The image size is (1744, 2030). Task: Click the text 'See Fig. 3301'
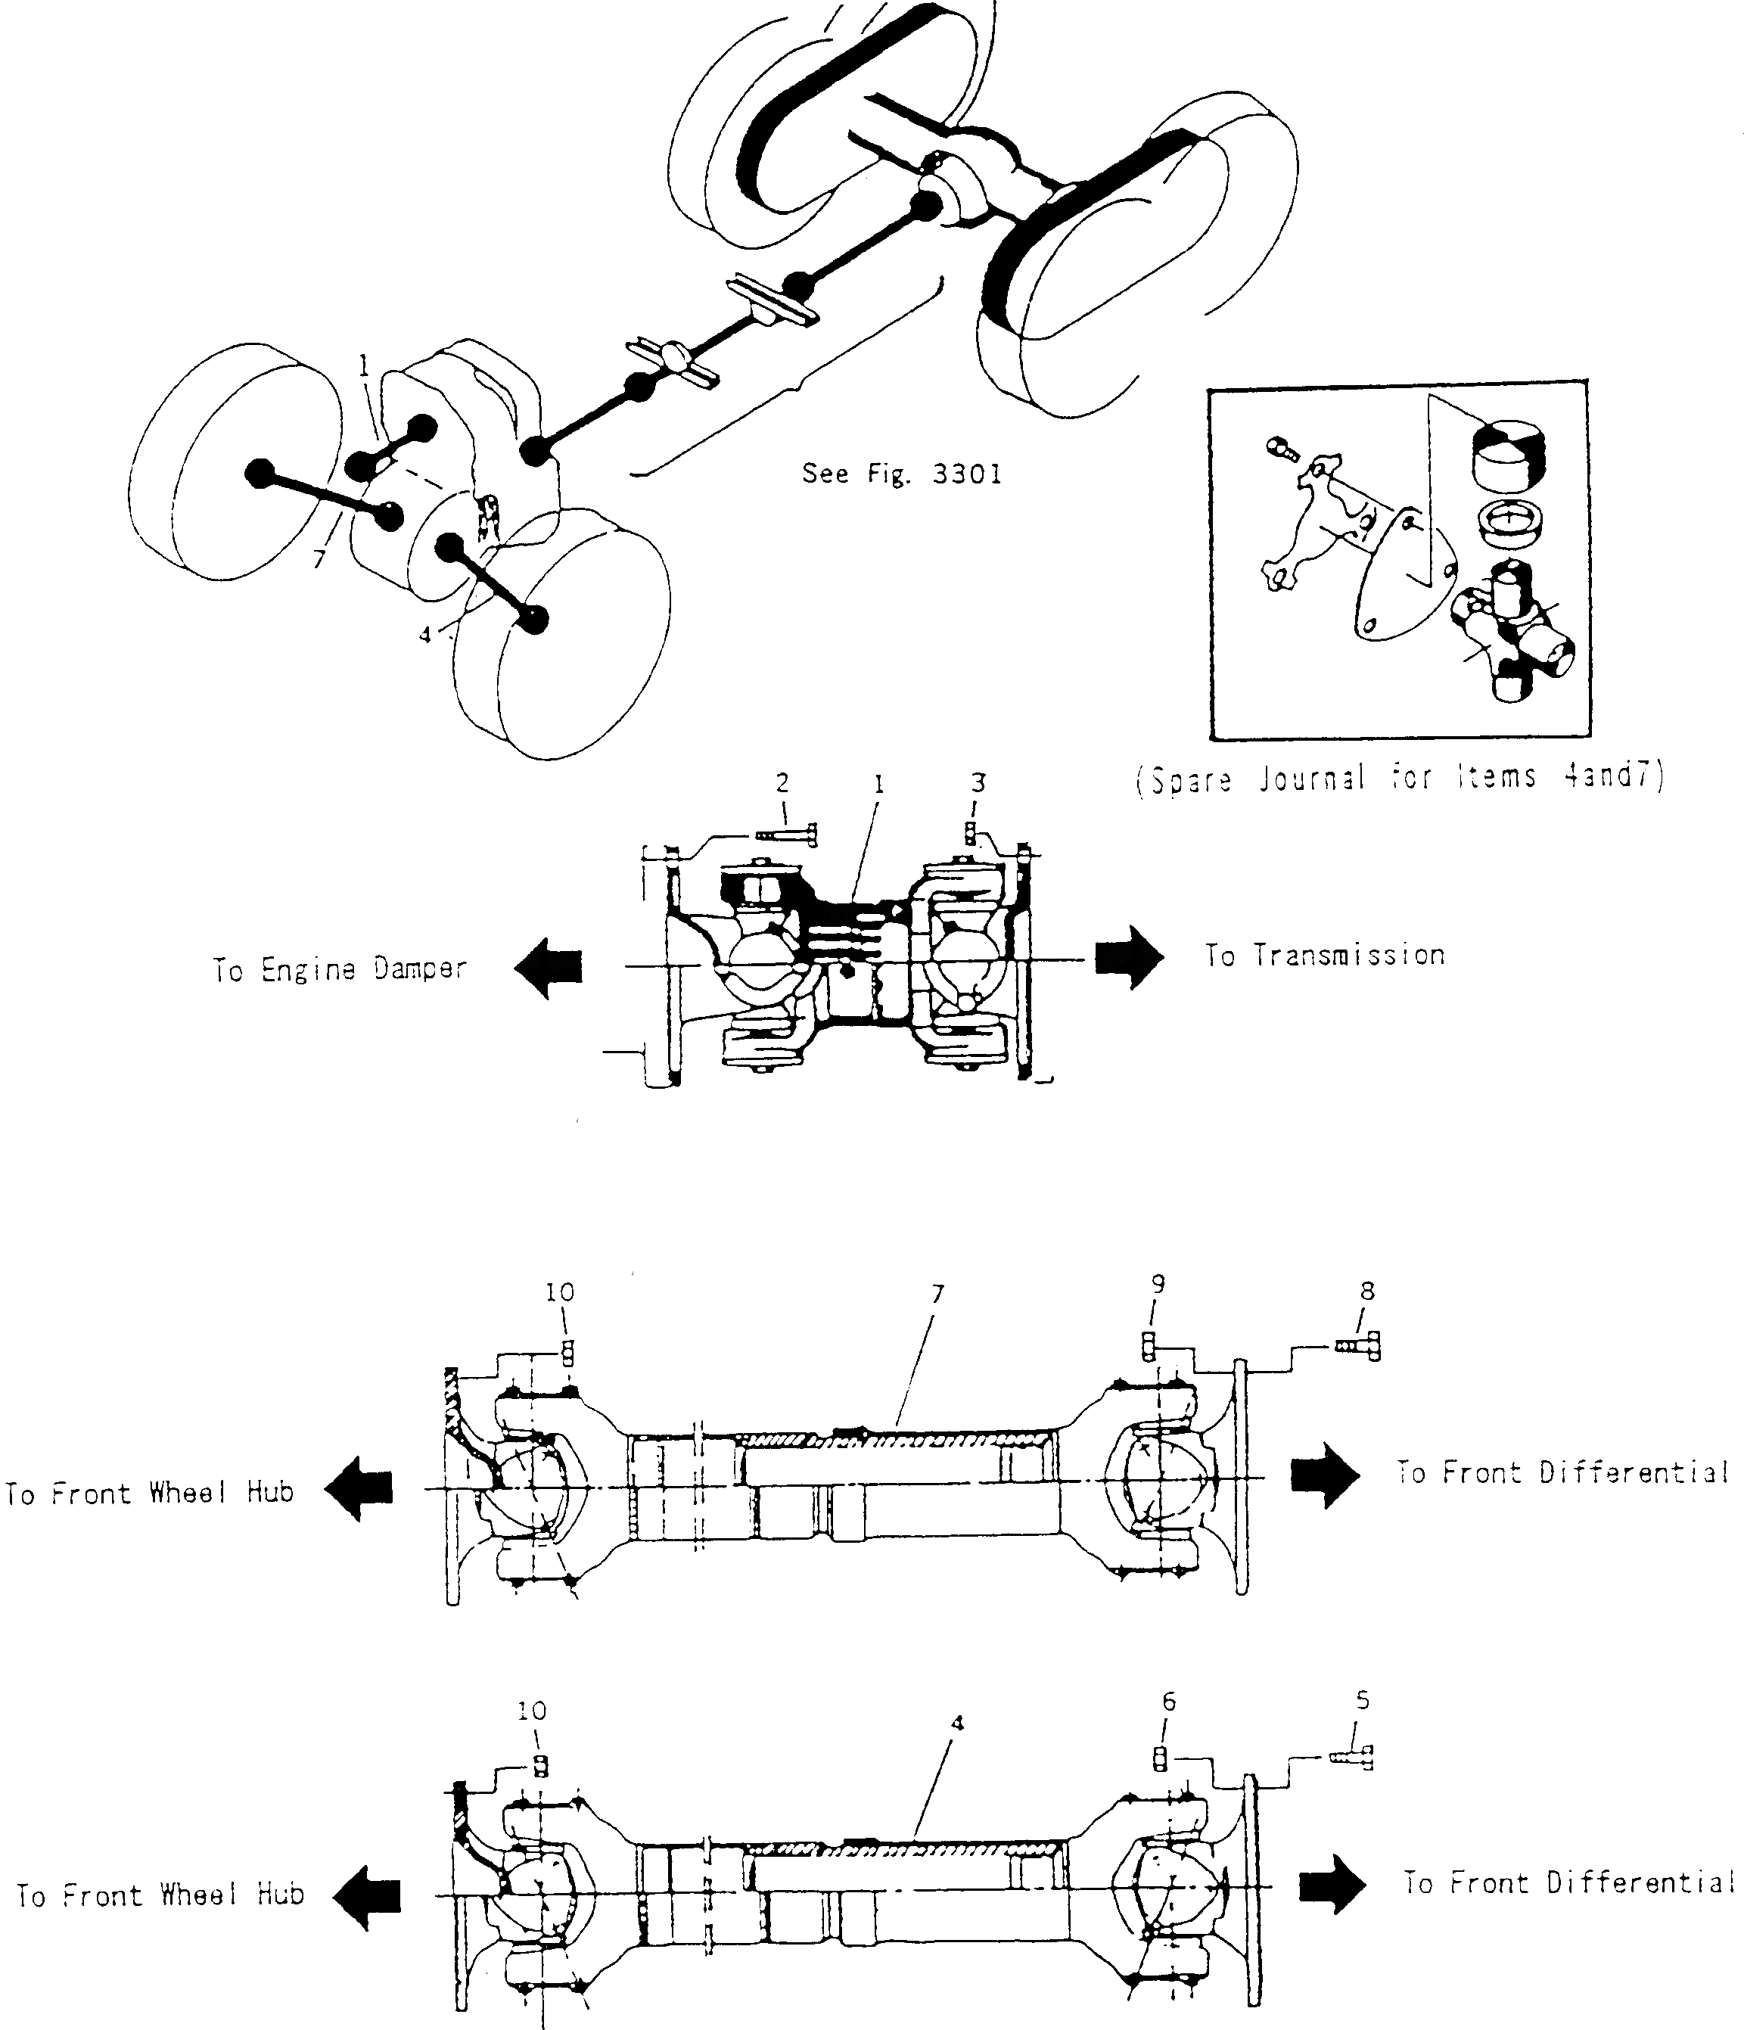[901, 474]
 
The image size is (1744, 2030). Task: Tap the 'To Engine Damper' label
[340, 969]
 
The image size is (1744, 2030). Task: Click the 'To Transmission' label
[1325, 956]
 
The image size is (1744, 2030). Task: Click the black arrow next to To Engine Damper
[549, 967]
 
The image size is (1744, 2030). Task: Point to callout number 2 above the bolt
[782, 783]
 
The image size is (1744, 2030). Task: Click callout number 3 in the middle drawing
[978, 783]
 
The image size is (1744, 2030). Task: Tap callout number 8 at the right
[1366, 1292]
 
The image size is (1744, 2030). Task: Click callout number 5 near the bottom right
[1363, 1701]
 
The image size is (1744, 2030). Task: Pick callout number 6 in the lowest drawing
[1168, 1702]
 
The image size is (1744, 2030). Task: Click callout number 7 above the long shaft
[937, 1295]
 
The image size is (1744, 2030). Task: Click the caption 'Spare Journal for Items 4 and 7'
[1399, 779]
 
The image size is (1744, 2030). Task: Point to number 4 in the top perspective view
[424, 635]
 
